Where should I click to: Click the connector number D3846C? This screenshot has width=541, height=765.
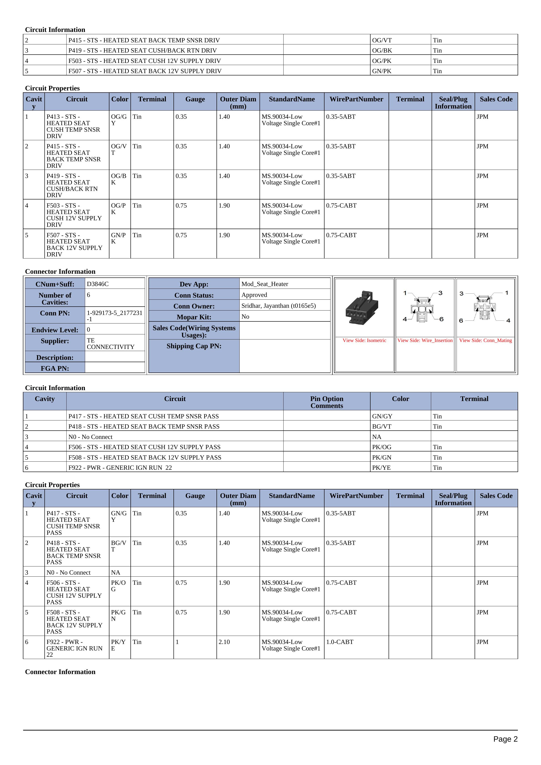click(x=98, y=284)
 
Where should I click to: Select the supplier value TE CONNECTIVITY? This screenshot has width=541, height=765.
click(x=111, y=344)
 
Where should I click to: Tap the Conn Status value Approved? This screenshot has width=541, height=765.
click(x=254, y=295)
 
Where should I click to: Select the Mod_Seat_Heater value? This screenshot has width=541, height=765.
click(x=265, y=284)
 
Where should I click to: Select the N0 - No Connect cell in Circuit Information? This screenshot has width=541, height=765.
click(x=90, y=437)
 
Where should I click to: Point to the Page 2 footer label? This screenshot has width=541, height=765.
click(x=505, y=739)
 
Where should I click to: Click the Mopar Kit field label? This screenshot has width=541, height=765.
click(x=194, y=317)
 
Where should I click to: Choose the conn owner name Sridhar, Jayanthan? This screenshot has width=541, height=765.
click(x=278, y=305)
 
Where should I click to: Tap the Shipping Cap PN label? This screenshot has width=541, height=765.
click(x=194, y=346)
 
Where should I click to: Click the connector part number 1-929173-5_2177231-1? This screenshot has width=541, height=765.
click(x=114, y=316)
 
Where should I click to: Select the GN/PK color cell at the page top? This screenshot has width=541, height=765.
click(x=381, y=71)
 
